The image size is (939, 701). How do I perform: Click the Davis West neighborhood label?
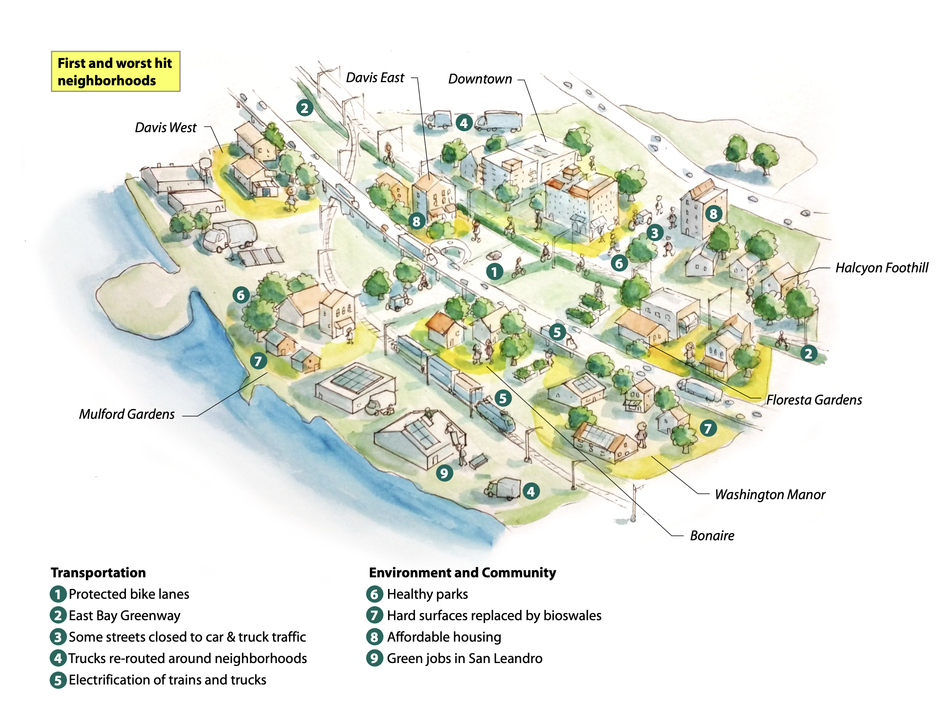165,128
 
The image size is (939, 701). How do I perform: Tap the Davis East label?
375,78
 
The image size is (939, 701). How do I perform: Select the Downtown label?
480,79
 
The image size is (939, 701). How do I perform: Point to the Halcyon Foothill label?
881,267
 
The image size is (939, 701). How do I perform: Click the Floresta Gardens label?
814,400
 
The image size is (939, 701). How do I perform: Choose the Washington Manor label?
770,494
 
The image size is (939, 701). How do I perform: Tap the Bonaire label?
712,535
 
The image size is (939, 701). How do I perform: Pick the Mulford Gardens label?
127,414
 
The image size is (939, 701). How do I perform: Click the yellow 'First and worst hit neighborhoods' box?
115,71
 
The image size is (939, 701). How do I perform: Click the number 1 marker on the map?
494,271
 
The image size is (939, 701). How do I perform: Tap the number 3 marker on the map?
654,233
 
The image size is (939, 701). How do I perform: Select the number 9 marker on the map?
444,473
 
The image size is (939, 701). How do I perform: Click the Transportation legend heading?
98,572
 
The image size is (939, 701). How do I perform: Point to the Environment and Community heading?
462,572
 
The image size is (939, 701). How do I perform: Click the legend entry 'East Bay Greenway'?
124,615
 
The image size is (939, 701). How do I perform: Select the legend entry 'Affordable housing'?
444,637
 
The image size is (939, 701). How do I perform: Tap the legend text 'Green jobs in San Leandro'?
464,658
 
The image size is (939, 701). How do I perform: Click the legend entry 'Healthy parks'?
427,594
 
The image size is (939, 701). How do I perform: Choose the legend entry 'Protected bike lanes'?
129,594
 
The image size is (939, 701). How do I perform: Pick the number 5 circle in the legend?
58,680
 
